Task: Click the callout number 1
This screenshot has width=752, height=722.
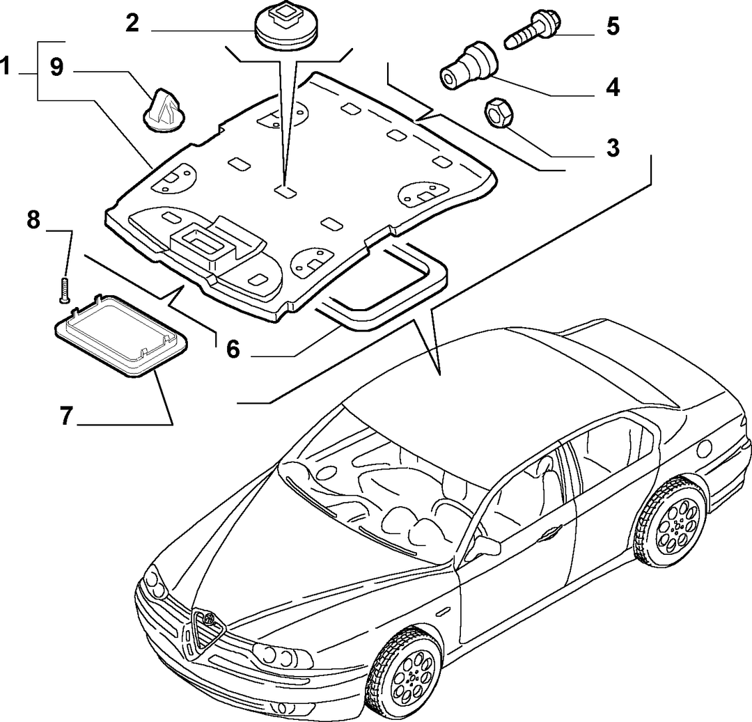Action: (x=6, y=66)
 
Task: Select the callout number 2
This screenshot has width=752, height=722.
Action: (x=132, y=23)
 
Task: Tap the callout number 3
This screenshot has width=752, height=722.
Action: (x=613, y=148)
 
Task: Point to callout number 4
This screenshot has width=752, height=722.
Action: (x=613, y=88)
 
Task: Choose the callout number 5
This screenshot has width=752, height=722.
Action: (x=613, y=26)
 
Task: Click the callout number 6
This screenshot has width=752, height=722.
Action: (x=233, y=349)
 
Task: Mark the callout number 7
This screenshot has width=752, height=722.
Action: (x=66, y=416)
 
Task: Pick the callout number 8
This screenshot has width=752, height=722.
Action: (x=33, y=220)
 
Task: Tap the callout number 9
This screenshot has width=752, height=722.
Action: (x=56, y=67)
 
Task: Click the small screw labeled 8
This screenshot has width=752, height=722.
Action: (x=64, y=290)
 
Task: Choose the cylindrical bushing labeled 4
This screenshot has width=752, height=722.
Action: (x=469, y=65)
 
